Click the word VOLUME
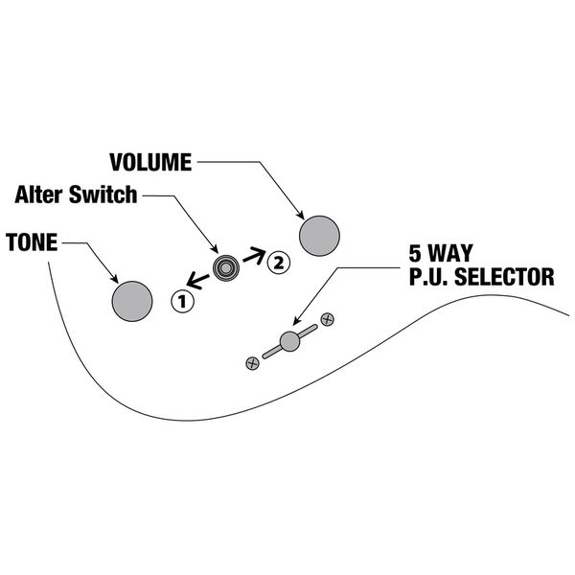tap(150, 161)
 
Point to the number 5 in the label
tap(415, 256)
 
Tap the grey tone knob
tap(132, 300)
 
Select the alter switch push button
tap(226, 267)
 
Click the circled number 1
tap(182, 301)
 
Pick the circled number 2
tap(276, 259)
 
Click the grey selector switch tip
tap(290, 340)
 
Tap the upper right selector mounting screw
tap(327, 318)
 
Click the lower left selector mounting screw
tap(253, 362)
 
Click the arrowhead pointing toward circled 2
tap(259, 255)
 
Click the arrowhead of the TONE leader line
tap(116, 278)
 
